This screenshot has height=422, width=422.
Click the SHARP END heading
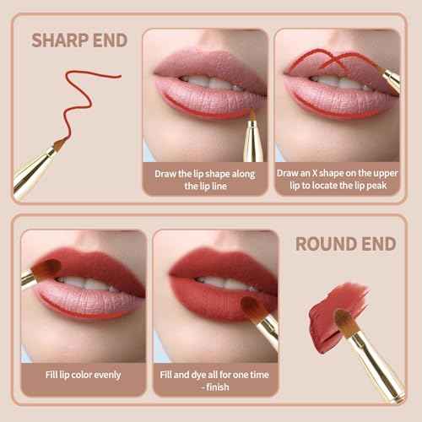coord(79,40)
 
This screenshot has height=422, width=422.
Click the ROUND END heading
coord(345,244)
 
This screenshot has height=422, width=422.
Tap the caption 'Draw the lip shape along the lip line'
coord(206,179)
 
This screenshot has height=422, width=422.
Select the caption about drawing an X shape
coord(338,179)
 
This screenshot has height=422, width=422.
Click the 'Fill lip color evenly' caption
coord(83,374)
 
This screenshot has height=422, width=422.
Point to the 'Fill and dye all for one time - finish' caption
coord(215,380)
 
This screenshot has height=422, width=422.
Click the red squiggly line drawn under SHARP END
coord(84,93)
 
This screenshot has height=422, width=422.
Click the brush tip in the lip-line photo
coord(251,116)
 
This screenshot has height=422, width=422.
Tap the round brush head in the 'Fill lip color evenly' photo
coord(46,270)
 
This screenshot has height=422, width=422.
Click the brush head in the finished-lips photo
coord(251,308)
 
